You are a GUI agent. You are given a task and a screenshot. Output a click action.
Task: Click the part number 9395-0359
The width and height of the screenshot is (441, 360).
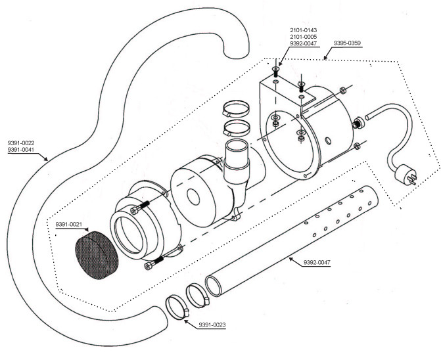pyautogui.click(x=347, y=43)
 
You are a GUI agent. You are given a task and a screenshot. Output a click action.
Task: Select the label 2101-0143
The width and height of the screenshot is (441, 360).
pyautogui.click(x=304, y=30)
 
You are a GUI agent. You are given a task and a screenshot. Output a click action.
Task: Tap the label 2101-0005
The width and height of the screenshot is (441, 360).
pyautogui.click(x=304, y=37)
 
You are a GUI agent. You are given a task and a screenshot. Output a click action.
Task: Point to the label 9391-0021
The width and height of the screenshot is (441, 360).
pyautogui.click(x=68, y=224)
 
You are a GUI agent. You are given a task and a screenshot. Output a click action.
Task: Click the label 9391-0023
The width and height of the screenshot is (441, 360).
pyautogui.click(x=212, y=325)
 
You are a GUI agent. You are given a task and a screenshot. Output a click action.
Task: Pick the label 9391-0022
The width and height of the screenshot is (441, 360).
pyautogui.click(x=21, y=143)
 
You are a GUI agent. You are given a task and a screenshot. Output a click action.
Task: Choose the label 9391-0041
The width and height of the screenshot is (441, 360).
pyautogui.click(x=21, y=150)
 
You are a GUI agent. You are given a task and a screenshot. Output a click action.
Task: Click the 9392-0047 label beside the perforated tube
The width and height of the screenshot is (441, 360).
pyautogui.click(x=317, y=263)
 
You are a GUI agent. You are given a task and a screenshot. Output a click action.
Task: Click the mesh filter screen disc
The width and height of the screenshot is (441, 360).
pyautogui.click(x=97, y=256)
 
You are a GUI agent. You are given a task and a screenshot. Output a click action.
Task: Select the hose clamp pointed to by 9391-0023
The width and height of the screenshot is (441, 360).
pyautogui.click(x=177, y=307)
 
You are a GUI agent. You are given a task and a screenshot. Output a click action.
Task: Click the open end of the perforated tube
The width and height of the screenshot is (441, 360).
pyautogui.click(x=214, y=286)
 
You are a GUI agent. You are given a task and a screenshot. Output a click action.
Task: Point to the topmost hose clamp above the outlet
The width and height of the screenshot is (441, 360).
pyautogui.click(x=236, y=108)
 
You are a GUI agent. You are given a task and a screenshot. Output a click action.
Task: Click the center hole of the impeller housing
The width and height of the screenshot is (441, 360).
pyautogui.click(x=193, y=197)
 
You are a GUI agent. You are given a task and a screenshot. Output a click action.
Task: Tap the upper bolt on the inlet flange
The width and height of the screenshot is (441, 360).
pyautogui.click(x=140, y=208)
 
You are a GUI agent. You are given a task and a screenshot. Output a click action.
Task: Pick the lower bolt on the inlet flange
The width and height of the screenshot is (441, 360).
pyautogui.click(x=154, y=263)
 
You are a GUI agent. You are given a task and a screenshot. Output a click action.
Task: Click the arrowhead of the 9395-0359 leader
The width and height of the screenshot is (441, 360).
pyautogui.click(x=325, y=58)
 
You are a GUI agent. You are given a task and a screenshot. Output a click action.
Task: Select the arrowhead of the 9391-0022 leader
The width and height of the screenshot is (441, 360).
pyautogui.click(x=46, y=159)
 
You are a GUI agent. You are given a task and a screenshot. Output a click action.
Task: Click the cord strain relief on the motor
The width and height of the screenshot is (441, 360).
pyautogui.click(x=358, y=123)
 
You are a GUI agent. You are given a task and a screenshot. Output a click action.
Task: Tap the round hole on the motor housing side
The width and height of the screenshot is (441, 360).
pyautogui.click(x=328, y=140)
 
